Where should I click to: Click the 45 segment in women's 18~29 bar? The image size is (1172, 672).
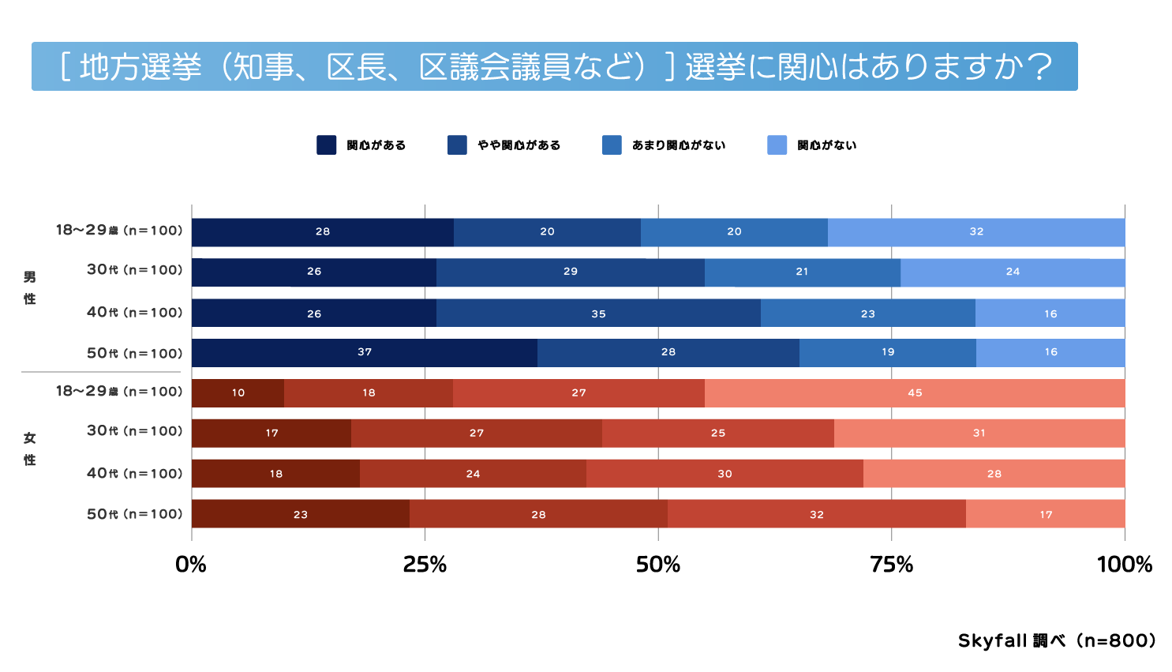tap(914, 392)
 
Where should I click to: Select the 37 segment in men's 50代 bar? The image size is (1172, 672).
tap(364, 352)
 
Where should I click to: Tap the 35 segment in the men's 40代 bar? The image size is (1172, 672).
tap(598, 313)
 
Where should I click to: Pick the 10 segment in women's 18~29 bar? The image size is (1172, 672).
tap(238, 392)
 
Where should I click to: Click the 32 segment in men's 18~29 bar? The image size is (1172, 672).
tap(976, 232)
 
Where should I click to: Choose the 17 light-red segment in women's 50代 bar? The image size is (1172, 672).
tap(1045, 514)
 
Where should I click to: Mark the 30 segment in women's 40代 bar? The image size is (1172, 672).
tap(725, 474)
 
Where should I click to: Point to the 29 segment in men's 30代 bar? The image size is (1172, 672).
tap(570, 272)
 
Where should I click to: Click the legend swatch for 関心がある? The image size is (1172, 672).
tap(326, 145)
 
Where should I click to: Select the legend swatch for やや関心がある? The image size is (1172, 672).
tap(457, 145)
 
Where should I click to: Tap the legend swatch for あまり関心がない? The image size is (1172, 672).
tap(612, 145)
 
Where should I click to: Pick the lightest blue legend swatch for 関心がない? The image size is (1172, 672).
tap(777, 145)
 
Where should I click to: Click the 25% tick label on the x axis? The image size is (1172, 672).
tap(425, 565)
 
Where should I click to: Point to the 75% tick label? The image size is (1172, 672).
tap(891, 565)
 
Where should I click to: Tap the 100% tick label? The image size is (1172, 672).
tap(1124, 565)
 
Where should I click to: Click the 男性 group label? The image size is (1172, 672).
tap(30, 287)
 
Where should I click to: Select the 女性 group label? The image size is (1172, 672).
tap(30, 449)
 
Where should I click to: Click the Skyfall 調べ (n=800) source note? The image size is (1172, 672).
tap(1057, 640)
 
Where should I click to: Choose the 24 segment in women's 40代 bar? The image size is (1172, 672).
tap(473, 474)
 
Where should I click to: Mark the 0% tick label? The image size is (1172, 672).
tap(191, 565)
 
